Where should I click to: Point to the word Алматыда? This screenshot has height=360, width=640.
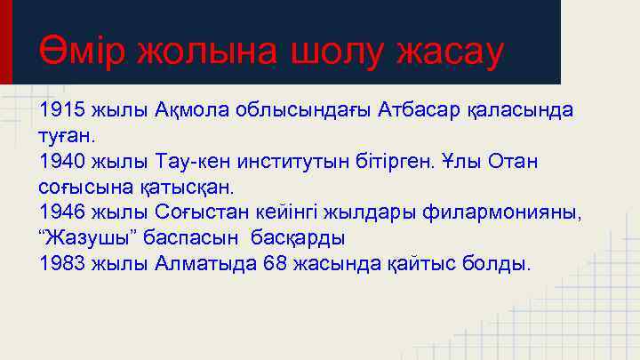[204, 264]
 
